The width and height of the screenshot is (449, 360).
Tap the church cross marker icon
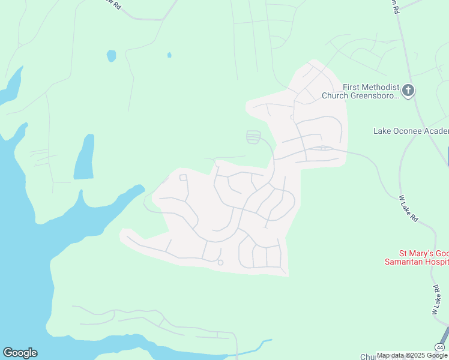(408, 91)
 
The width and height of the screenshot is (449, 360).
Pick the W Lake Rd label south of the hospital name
(436, 300)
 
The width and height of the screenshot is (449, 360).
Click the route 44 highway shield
(441, 347)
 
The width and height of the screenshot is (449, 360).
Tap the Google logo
(20, 353)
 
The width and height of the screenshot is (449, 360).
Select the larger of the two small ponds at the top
(111, 56)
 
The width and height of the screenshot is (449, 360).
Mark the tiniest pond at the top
(169, 55)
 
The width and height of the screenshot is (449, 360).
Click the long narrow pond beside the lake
(85, 157)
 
